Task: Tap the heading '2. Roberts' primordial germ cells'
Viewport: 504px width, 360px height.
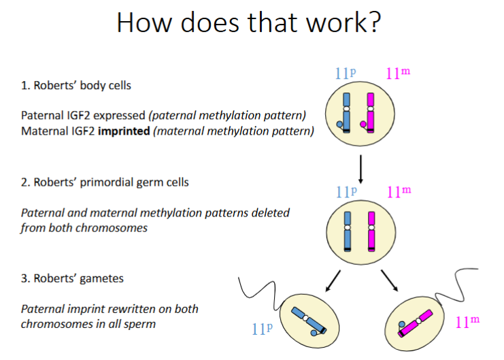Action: [105, 182]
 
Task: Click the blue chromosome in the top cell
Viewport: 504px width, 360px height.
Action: [346, 112]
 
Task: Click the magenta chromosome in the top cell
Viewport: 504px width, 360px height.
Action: [371, 112]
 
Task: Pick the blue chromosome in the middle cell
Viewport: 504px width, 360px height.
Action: [347, 231]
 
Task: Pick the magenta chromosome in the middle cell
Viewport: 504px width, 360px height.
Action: [371, 231]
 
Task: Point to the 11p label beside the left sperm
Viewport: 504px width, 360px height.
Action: [262, 330]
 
